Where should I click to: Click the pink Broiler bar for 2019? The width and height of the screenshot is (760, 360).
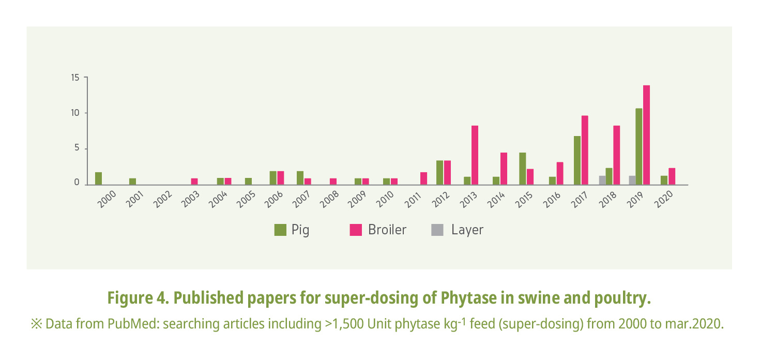tap(646, 134)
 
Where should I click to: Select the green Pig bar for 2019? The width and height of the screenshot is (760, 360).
tap(639, 146)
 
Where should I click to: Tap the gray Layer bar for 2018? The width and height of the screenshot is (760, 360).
tap(602, 180)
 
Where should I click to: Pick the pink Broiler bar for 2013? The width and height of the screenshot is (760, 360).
tap(474, 155)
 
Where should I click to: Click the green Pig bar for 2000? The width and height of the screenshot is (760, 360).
tap(98, 178)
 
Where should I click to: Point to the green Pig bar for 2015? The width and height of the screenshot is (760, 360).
tap(522, 168)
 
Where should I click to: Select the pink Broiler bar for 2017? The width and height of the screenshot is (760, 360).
tap(585, 149)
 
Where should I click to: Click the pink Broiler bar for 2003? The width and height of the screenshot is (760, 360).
tap(194, 181)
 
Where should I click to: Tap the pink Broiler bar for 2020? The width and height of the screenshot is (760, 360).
tap(672, 176)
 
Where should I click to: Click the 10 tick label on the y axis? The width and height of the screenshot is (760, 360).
tap(75, 113)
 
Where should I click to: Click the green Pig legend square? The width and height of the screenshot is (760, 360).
tap(280, 230)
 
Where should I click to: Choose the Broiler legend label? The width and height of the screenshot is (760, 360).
tap(387, 230)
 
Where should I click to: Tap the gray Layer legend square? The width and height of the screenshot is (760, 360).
tap(437, 230)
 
